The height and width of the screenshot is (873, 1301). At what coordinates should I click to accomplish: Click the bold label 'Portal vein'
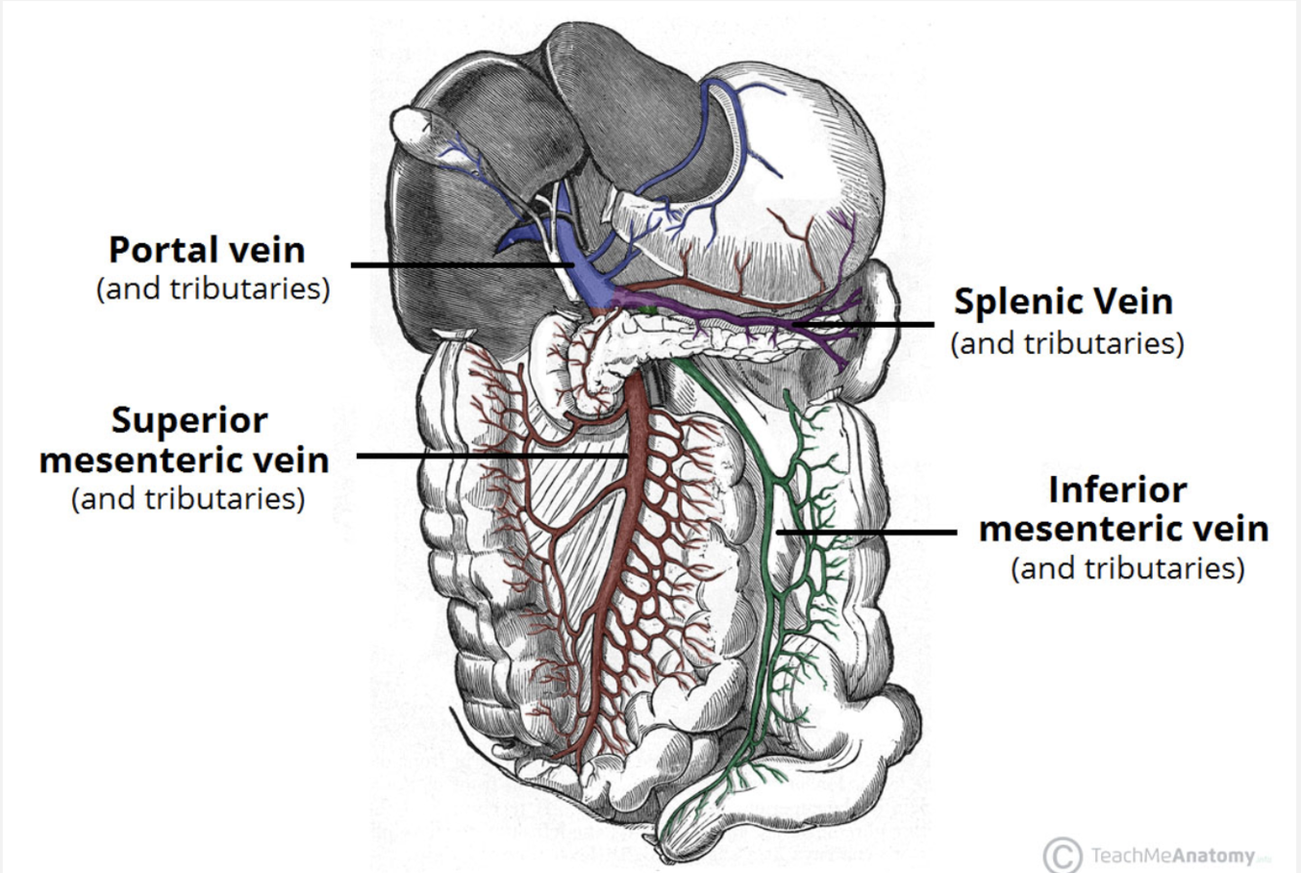(207, 251)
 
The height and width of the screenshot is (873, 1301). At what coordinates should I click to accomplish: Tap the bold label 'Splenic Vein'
(1064, 302)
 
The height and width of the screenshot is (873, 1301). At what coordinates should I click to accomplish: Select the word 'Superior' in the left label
(188, 420)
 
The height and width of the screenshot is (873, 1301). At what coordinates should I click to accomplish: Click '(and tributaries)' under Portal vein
(212, 291)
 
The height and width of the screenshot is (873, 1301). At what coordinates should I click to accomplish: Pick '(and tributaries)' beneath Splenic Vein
(1067, 343)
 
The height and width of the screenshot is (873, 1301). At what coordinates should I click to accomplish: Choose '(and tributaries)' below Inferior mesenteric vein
(1127, 568)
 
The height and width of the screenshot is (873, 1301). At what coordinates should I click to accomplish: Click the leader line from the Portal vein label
(458, 264)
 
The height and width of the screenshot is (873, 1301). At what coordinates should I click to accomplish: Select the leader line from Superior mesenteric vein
(493, 456)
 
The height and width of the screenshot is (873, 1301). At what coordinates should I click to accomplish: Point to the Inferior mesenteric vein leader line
(868, 533)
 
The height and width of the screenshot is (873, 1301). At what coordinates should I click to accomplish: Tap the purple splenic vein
(741, 315)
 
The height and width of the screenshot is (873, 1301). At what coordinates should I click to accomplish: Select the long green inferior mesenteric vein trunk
(771, 585)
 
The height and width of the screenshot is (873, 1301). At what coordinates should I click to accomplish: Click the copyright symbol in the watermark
(1062, 855)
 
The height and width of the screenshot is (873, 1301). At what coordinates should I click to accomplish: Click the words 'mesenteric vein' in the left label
(184, 459)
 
